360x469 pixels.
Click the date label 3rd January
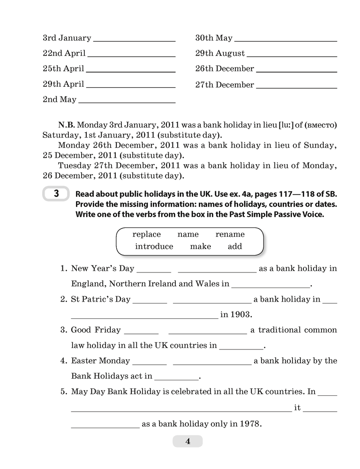(67, 38)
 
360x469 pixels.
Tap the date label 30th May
(214, 38)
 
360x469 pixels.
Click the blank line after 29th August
(291, 56)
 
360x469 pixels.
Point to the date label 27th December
(225, 85)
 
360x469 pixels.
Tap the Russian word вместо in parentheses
(321, 125)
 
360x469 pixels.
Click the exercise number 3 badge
(56, 194)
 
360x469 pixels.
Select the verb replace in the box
(146, 234)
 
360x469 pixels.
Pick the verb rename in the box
(230, 234)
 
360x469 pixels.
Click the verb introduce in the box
(154, 246)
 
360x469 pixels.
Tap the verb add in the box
(235, 246)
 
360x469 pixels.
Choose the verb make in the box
(201, 246)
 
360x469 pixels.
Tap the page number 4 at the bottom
(187, 441)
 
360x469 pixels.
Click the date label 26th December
(225, 69)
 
